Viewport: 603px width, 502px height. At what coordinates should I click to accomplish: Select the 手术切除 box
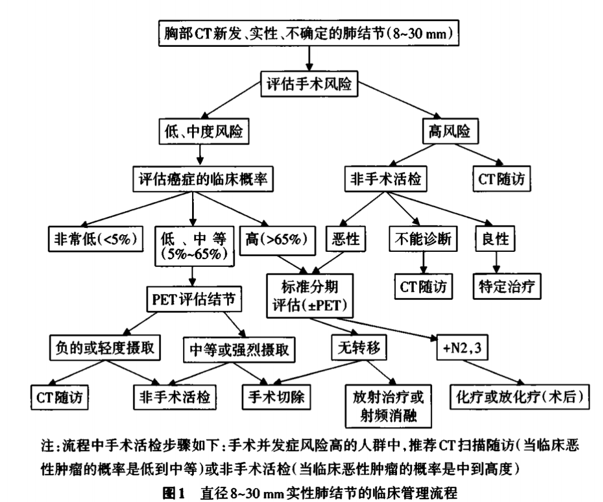click(x=276, y=397)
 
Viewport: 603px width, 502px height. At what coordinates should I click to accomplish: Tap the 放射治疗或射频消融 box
click(x=381, y=405)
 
